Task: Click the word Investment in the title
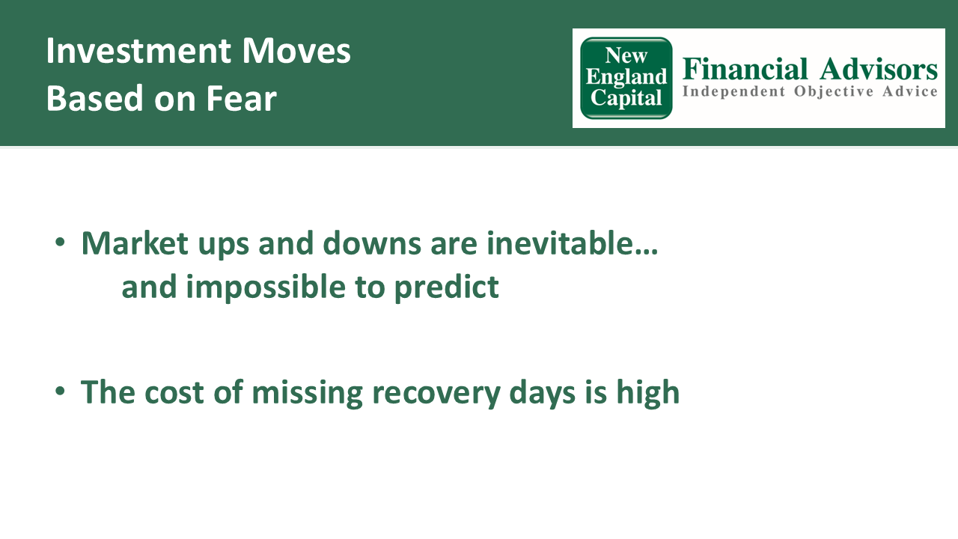(138, 51)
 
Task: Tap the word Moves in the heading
(296, 51)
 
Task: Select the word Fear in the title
(242, 98)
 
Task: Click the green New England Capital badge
(626, 78)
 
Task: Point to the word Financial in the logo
(745, 69)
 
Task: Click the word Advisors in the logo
(879, 69)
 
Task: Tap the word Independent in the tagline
(734, 91)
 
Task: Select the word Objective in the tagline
(834, 92)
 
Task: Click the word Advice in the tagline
(910, 91)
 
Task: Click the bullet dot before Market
(60, 242)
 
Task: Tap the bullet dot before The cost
(60, 391)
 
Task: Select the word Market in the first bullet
(135, 243)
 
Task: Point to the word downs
(372, 243)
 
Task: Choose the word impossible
(266, 287)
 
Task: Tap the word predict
(446, 287)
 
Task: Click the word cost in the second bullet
(174, 392)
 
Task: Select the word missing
(307, 393)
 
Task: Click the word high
(648, 393)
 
